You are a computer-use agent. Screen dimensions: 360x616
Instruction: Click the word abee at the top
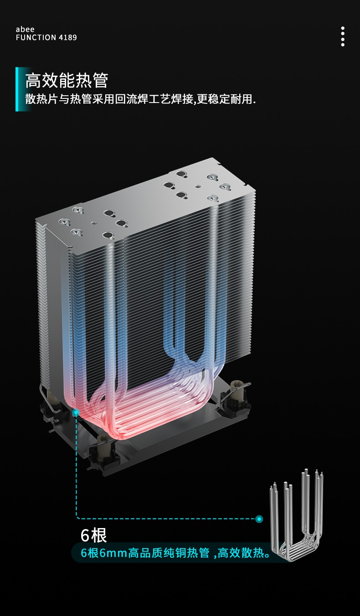(25, 29)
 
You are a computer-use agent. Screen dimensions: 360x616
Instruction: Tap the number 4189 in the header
(67, 38)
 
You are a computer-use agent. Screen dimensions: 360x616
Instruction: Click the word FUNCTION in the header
(36, 38)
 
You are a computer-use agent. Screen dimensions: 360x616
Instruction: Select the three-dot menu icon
(343, 36)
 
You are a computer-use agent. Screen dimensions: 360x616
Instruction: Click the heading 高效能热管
(67, 80)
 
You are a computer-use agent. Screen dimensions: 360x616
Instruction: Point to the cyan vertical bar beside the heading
(17, 89)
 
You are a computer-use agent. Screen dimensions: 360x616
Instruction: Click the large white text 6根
(93, 535)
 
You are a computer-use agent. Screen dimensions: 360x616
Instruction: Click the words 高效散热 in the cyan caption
(241, 553)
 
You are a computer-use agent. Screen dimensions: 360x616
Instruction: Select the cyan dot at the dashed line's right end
(259, 519)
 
